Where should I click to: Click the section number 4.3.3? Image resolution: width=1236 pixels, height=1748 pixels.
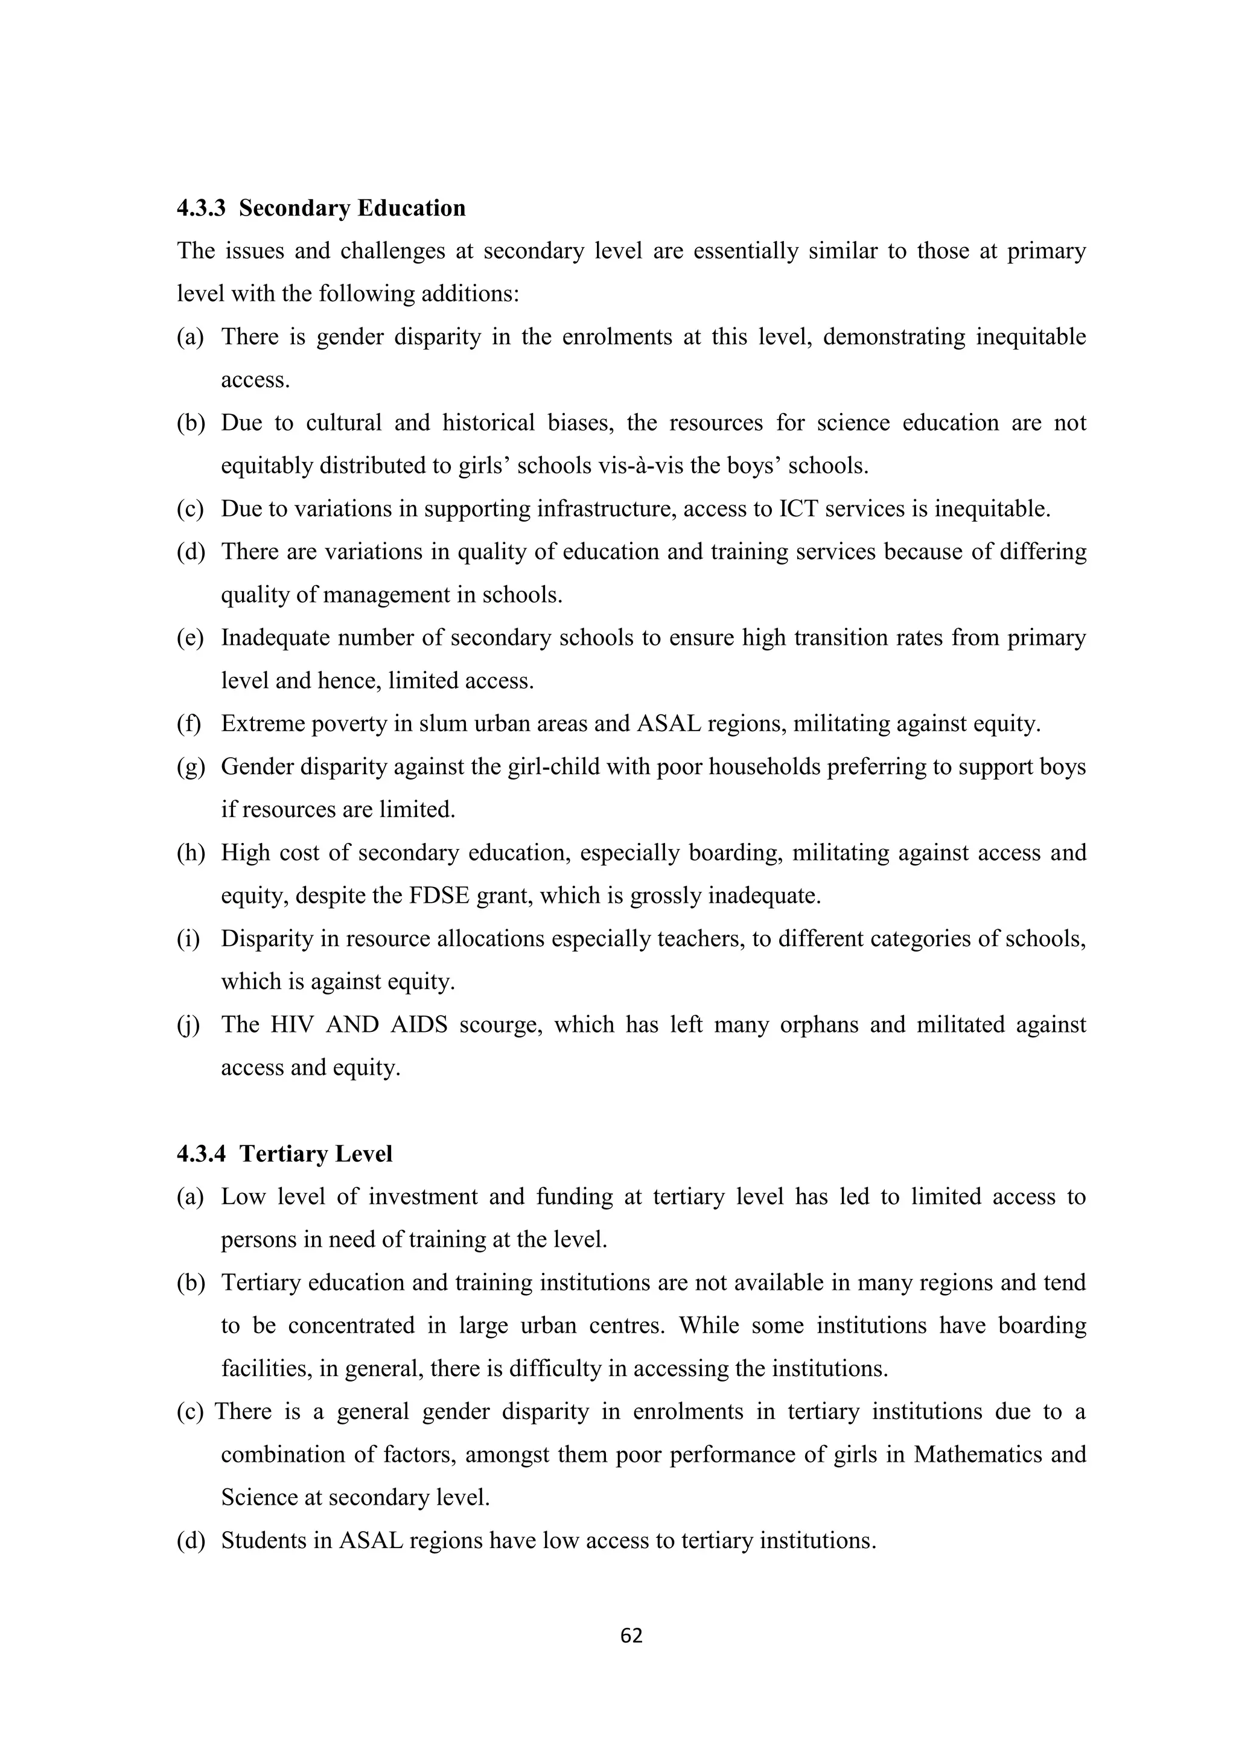point(201,208)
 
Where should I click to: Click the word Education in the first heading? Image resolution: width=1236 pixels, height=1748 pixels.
point(410,208)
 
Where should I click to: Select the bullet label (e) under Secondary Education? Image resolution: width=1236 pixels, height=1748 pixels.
point(190,638)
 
